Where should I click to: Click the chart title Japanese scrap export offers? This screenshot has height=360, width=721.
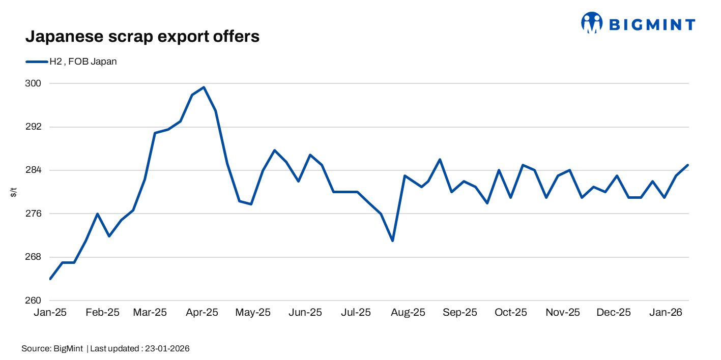(142, 37)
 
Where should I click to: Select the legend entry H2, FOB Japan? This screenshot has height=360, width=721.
(72, 62)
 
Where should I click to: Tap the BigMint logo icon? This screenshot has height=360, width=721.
(591, 23)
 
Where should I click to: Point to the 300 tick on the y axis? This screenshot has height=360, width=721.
(33, 83)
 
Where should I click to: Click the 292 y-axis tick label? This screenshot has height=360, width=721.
(33, 127)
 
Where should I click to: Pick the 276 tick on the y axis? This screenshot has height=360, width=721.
(33, 214)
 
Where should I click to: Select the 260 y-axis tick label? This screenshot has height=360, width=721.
(33, 301)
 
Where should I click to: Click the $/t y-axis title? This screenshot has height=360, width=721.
(14, 192)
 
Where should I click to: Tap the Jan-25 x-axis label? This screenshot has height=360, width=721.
(50, 312)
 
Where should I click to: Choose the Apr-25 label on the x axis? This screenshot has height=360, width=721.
(201, 312)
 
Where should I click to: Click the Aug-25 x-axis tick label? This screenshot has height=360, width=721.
(408, 312)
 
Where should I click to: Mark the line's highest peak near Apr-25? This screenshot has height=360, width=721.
(204, 87)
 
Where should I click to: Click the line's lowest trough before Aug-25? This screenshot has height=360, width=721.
(392, 241)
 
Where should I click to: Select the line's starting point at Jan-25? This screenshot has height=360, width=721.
(50, 279)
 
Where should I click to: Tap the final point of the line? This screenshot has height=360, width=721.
(688, 165)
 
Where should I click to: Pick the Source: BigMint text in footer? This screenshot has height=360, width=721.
(52, 349)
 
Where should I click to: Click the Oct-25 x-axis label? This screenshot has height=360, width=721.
(511, 312)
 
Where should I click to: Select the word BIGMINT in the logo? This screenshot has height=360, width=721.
(652, 24)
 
